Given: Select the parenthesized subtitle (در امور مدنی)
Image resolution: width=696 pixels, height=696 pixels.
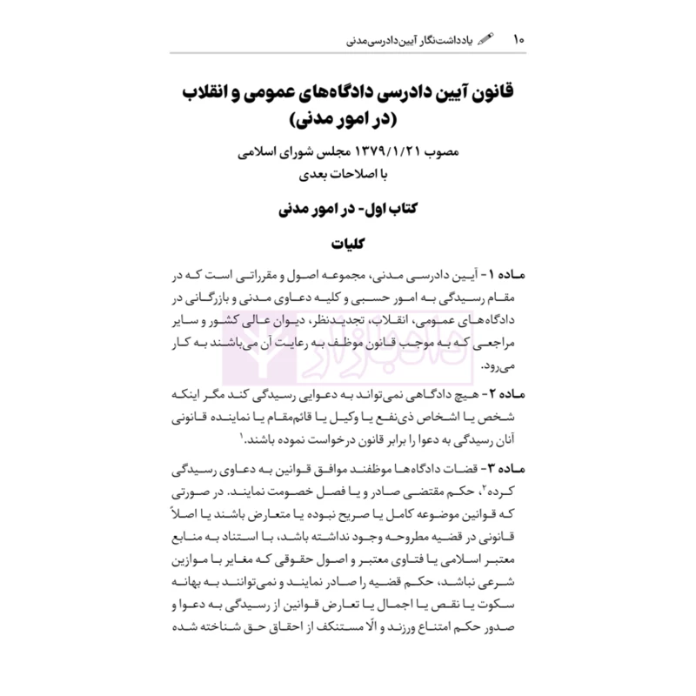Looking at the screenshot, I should [x=348, y=117].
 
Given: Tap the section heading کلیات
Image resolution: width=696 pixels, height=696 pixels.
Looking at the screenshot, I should [x=348, y=245].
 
